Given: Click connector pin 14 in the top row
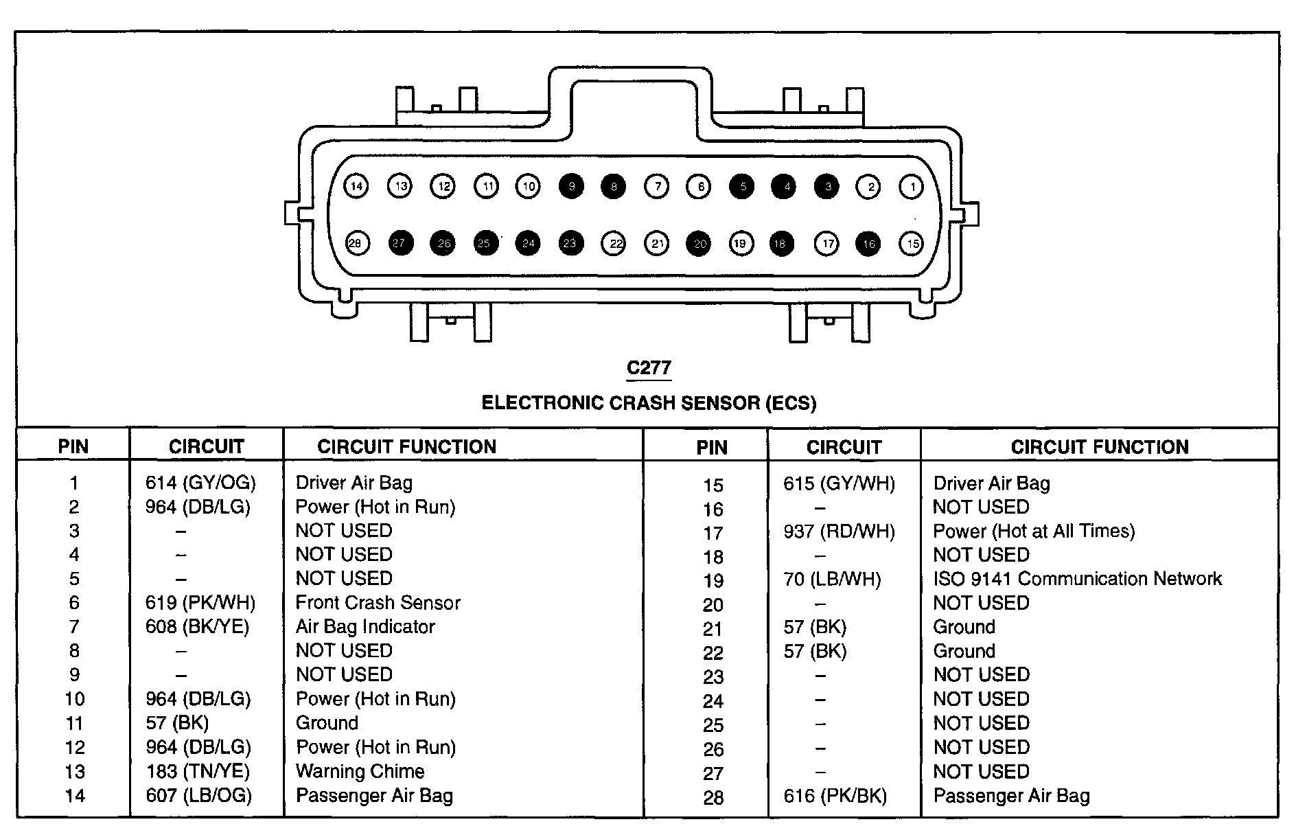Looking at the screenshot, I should point(356,186).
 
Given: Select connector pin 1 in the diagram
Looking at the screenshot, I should point(911,186).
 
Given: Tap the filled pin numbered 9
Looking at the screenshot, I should point(571,186).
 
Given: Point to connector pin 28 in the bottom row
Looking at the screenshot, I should point(356,243).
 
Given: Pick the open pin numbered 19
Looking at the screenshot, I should point(740,243).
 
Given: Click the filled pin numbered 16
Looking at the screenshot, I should point(868,243).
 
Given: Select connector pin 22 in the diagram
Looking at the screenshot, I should point(614,243).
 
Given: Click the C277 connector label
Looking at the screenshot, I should point(648,369).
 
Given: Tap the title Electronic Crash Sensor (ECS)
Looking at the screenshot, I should point(648,402).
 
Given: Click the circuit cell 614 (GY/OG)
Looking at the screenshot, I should point(200,483).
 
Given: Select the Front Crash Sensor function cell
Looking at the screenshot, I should point(378,603).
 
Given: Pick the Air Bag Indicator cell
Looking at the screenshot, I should point(365,627).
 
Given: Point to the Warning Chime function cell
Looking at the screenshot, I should point(360,771).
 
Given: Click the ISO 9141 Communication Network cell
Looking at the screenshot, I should point(1077,579).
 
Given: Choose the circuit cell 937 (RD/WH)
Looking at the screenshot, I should point(839,531).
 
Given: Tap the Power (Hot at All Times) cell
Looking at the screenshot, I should point(1034,531).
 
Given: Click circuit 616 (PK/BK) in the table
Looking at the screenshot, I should point(835,796).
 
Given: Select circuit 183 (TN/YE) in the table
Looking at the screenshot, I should point(198,771).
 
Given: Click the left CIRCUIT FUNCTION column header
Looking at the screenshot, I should point(406,446).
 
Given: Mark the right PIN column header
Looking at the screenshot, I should point(711,448).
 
